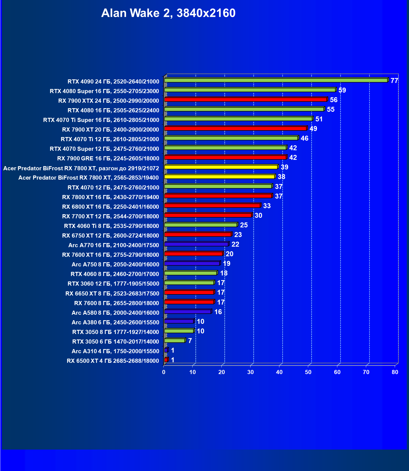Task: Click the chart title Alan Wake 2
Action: (x=168, y=13)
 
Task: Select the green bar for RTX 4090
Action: (x=276, y=80)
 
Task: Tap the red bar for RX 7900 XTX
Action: (x=246, y=99)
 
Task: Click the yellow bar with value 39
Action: (x=221, y=167)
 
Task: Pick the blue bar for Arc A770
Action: (x=196, y=244)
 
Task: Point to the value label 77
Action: (x=394, y=81)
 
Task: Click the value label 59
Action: (x=342, y=90)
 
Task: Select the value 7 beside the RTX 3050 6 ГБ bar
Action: (x=190, y=341)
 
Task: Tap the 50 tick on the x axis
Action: (x=308, y=372)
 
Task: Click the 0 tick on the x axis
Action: (x=164, y=372)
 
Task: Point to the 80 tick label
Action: (x=395, y=372)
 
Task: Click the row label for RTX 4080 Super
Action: (x=104, y=91)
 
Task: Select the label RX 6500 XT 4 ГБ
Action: (x=113, y=361)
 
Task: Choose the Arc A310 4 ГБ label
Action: (x=115, y=351)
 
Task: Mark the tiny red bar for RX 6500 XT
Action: (x=166, y=360)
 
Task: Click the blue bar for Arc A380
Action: (x=179, y=321)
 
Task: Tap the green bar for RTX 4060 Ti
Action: (x=201, y=225)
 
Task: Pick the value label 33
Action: (x=267, y=206)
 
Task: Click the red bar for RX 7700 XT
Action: (x=208, y=215)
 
